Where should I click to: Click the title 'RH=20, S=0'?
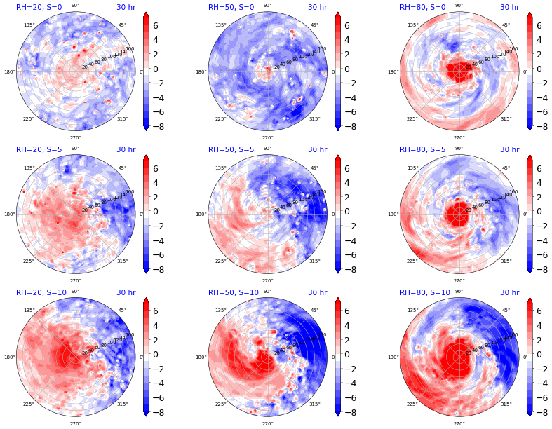pyautogui.click(x=39, y=7)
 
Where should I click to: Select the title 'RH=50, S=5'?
pyautogui.click(x=231, y=150)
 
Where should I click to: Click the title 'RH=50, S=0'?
pyautogui.click(x=231, y=7)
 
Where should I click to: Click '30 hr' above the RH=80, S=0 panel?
pyautogui.click(x=510, y=7)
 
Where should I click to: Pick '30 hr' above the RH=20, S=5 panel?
pyautogui.click(x=126, y=150)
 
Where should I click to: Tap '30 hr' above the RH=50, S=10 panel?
pyautogui.click(x=318, y=293)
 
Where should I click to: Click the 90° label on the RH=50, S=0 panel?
pyautogui.click(x=267, y=6)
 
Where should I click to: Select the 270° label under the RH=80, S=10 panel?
pyautogui.click(x=459, y=424)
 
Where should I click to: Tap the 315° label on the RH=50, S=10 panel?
pyautogui.click(x=314, y=404)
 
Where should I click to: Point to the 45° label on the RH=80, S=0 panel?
pyautogui.click(x=506, y=25)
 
